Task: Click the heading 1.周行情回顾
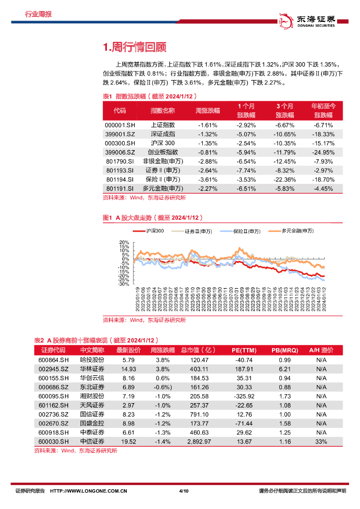pos(134,48)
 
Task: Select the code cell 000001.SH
pos(120,125)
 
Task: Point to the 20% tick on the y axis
pos(124,243)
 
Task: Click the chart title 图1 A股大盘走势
pos(152,218)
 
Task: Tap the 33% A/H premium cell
pos(321,441)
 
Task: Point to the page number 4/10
pos(183,491)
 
